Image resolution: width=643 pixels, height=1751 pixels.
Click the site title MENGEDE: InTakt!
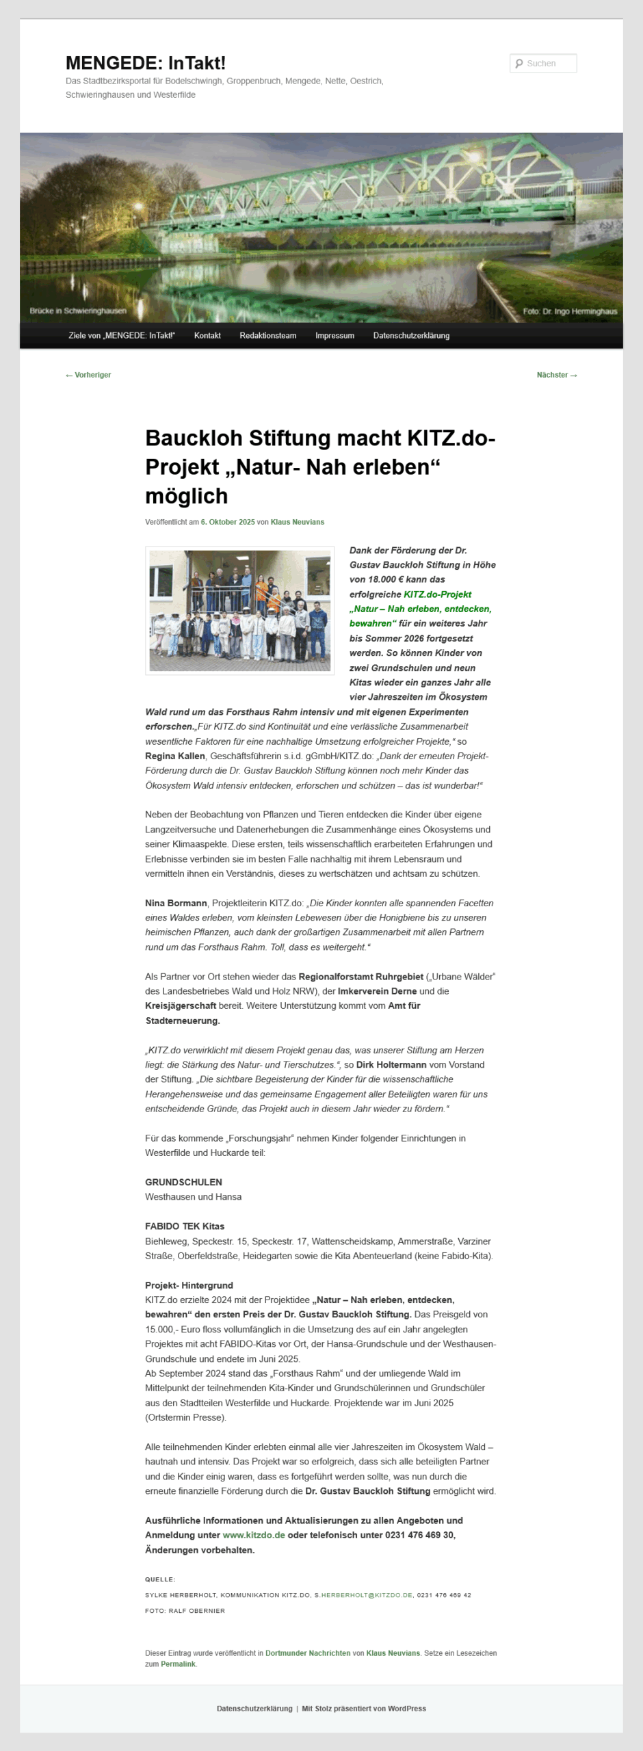point(145,63)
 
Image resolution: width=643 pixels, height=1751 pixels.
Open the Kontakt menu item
point(207,335)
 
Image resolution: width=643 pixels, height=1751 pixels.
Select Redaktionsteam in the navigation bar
point(267,335)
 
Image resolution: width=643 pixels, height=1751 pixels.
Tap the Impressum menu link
point(334,335)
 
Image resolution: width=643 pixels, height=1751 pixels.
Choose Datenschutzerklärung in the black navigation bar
point(411,335)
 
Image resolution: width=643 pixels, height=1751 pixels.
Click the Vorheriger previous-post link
point(88,375)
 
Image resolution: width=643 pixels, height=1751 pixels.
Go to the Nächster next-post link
point(556,375)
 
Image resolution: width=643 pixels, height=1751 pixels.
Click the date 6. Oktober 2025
point(228,522)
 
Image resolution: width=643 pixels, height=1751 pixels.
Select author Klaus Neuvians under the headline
point(298,522)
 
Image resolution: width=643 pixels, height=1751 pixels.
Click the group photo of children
point(239,610)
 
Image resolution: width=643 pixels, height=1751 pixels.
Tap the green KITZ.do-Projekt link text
point(437,594)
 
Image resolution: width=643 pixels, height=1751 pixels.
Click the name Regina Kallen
point(175,756)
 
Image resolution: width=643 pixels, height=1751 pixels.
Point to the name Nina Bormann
point(176,903)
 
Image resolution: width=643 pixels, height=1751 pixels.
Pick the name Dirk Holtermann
point(391,1064)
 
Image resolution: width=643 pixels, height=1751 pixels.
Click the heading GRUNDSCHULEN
point(183,1182)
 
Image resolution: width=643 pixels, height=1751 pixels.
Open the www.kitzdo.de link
point(254,1535)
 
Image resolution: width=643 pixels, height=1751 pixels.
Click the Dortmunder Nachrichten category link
point(308,1653)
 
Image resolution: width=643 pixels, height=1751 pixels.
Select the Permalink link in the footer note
point(178,1664)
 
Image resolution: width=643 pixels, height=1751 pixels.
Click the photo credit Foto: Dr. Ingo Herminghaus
point(570,311)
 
